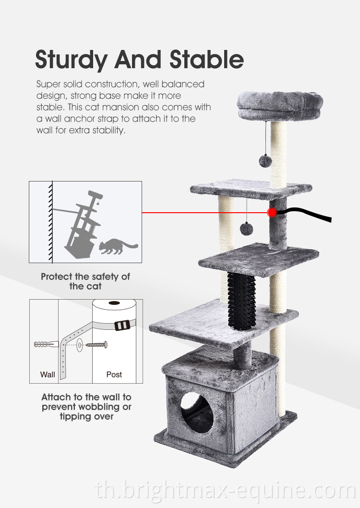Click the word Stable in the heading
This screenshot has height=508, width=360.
pyautogui.click(x=206, y=59)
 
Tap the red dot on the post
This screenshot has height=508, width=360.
pyautogui.click(x=272, y=213)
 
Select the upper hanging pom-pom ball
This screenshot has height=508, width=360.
pyautogui.click(x=265, y=161)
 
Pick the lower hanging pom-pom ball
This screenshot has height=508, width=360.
pyautogui.click(x=246, y=229)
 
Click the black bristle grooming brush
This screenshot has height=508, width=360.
pyautogui.click(x=241, y=301)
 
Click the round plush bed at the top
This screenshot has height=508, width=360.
pyautogui.click(x=280, y=106)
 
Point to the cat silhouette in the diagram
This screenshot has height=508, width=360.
pyautogui.click(x=118, y=246)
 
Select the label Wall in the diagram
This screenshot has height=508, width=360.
pyautogui.click(x=47, y=375)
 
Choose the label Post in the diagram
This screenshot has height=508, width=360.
pyautogui.click(x=114, y=375)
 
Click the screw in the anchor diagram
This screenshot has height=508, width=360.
pyautogui.click(x=96, y=345)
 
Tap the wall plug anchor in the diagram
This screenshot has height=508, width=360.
pyautogui.click(x=46, y=344)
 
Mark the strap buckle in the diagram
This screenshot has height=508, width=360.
pyautogui.click(x=122, y=325)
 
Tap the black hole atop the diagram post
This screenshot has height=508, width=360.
pyautogui.click(x=114, y=303)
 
